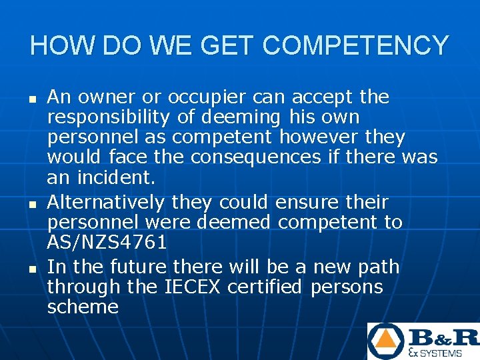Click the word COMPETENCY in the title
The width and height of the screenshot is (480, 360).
(356, 46)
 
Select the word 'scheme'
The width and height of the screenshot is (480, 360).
(83, 307)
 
